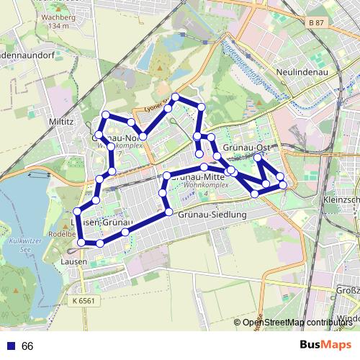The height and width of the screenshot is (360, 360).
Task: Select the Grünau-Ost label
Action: click(246, 147)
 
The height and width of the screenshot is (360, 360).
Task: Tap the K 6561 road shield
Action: click(84, 300)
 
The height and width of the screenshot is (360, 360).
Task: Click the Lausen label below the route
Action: click(74, 261)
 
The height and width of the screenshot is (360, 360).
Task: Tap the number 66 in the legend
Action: click(27, 346)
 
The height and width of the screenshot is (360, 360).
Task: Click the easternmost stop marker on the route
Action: click(283, 185)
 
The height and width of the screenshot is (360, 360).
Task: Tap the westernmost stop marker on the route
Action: click(81, 243)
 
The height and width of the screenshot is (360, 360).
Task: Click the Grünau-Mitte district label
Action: click(200, 176)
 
